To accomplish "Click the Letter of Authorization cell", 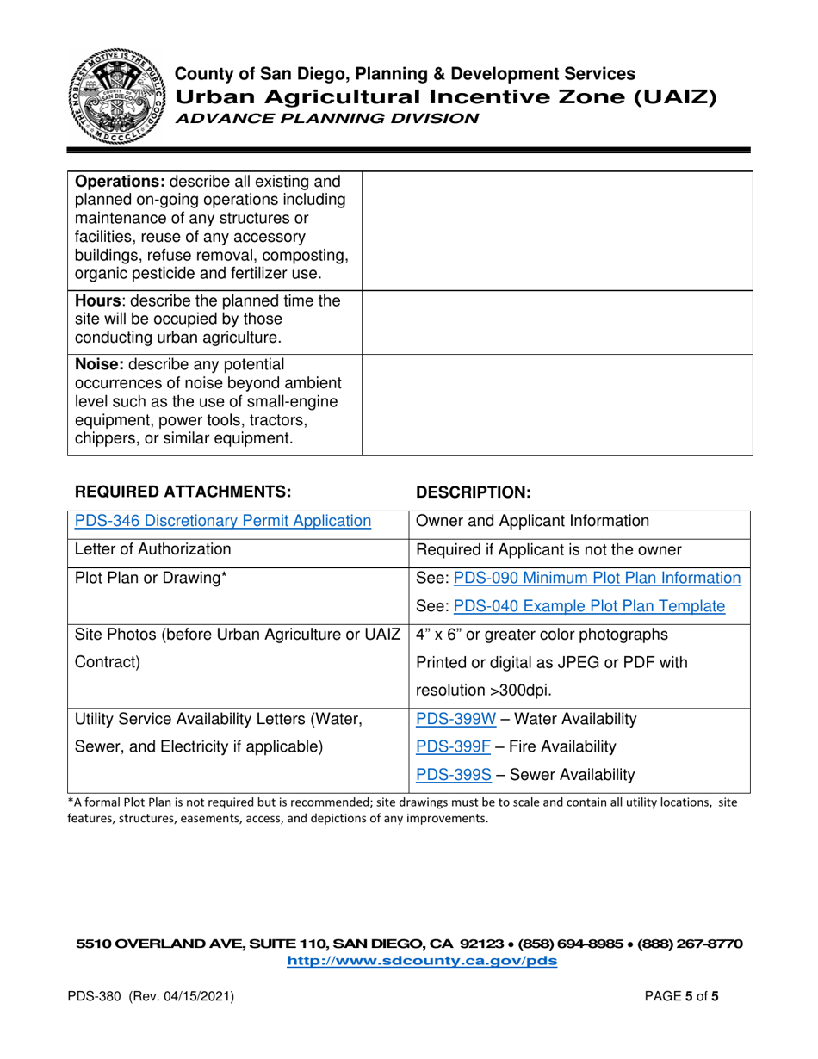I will (153, 548).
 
